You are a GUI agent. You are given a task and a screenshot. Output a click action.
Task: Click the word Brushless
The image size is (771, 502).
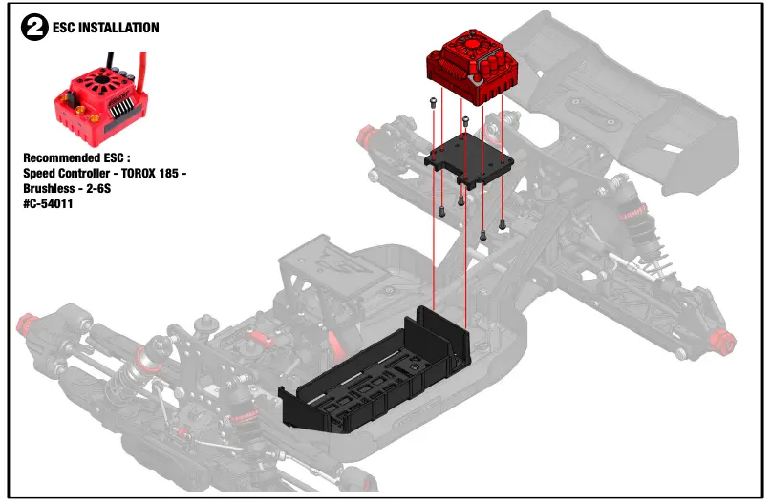point(55,188)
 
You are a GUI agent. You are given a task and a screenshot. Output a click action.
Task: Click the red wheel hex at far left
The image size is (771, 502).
point(26,321)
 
